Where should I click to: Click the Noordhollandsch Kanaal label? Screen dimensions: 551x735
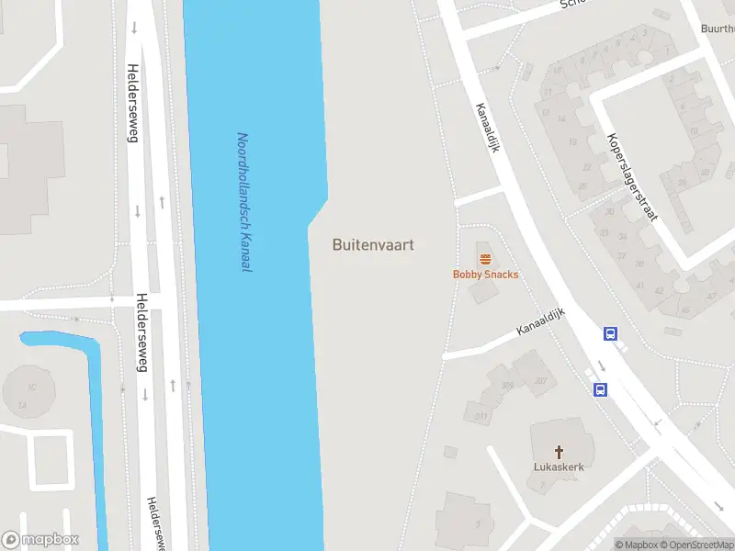(244, 202)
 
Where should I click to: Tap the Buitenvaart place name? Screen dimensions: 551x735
(373, 245)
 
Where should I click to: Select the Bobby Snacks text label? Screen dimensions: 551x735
(485, 274)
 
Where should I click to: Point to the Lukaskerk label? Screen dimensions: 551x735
(559, 467)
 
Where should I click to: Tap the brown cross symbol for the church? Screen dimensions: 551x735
(559, 451)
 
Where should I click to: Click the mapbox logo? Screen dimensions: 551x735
(40, 539)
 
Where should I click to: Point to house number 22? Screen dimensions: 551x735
(586, 167)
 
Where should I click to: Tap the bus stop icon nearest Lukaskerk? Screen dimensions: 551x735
(600, 389)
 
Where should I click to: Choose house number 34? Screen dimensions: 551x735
(623, 235)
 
